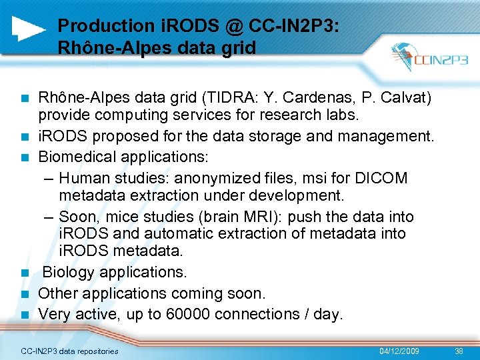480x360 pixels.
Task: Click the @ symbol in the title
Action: coord(233,26)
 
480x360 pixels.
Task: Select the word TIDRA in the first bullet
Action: coord(225,98)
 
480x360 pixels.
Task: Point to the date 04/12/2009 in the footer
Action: coord(399,351)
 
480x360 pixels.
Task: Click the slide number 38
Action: coord(459,351)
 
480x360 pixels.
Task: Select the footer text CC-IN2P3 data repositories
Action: coord(70,351)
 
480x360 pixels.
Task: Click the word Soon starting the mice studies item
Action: coord(77,217)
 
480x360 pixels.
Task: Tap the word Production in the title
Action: coord(97,26)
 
